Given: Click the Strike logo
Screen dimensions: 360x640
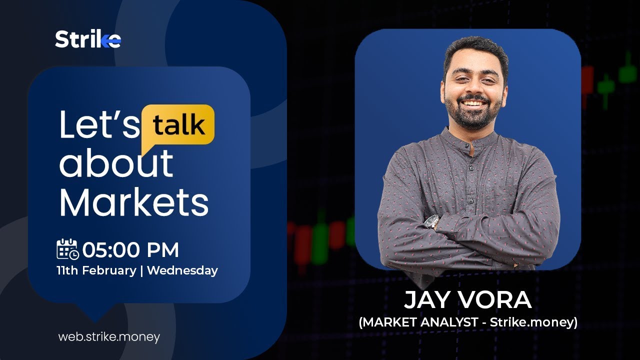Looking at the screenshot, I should coord(88,39).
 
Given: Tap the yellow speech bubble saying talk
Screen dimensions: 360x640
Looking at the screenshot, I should coord(178,125).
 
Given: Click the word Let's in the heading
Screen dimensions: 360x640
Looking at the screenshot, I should coord(99,125).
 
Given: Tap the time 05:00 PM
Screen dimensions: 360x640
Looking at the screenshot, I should coord(130,249).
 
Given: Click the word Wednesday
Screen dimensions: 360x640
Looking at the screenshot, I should coord(182,270).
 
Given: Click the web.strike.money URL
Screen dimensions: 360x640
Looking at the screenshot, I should coord(109,337).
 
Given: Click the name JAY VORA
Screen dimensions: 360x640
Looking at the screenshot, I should coord(467,300).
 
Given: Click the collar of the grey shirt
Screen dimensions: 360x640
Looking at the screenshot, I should coord(470,137).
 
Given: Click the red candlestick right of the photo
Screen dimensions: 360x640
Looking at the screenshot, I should coord(587,80).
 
